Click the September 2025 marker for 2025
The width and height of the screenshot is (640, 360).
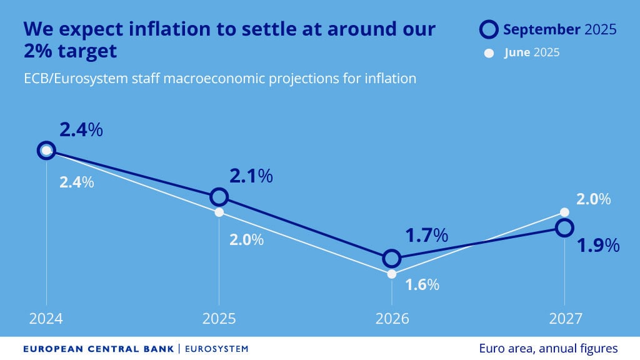(219, 197)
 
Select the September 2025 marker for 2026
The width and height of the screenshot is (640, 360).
(391, 258)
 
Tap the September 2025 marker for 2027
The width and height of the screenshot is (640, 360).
(564, 227)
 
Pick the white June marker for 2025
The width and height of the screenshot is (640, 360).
(219, 212)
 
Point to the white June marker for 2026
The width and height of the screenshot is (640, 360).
(391, 274)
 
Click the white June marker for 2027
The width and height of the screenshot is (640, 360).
(564, 212)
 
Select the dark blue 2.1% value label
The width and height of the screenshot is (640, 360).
(251, 176)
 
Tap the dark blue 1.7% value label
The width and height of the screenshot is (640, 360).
(427, 236)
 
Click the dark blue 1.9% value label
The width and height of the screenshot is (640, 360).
(598, 245)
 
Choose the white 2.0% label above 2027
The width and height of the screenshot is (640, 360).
(593, 199)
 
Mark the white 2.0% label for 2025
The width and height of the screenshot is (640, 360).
(246, 239)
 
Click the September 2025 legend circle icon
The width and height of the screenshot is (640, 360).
(489, 29)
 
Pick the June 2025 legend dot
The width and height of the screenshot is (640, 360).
(489, 52)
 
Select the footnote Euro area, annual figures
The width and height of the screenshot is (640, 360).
(548, 348)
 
